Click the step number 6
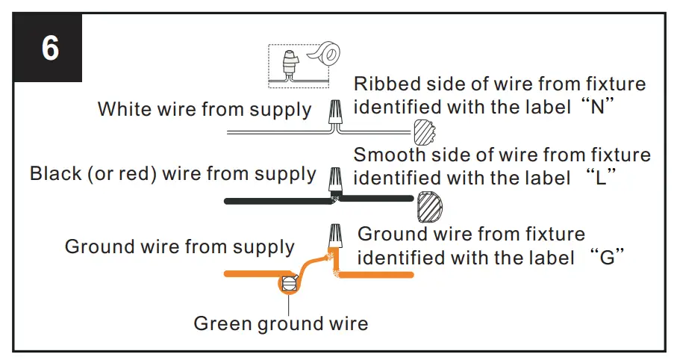coord(50,49)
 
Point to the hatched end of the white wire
coord(423,132)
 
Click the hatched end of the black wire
coord(429,205)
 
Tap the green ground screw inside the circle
coord(288,283)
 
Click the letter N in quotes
coord(596,106)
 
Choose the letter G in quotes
coord(605,258)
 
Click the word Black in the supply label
coord(55,174)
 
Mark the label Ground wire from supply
coord(179,246)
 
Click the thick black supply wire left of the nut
coord(276,200)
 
